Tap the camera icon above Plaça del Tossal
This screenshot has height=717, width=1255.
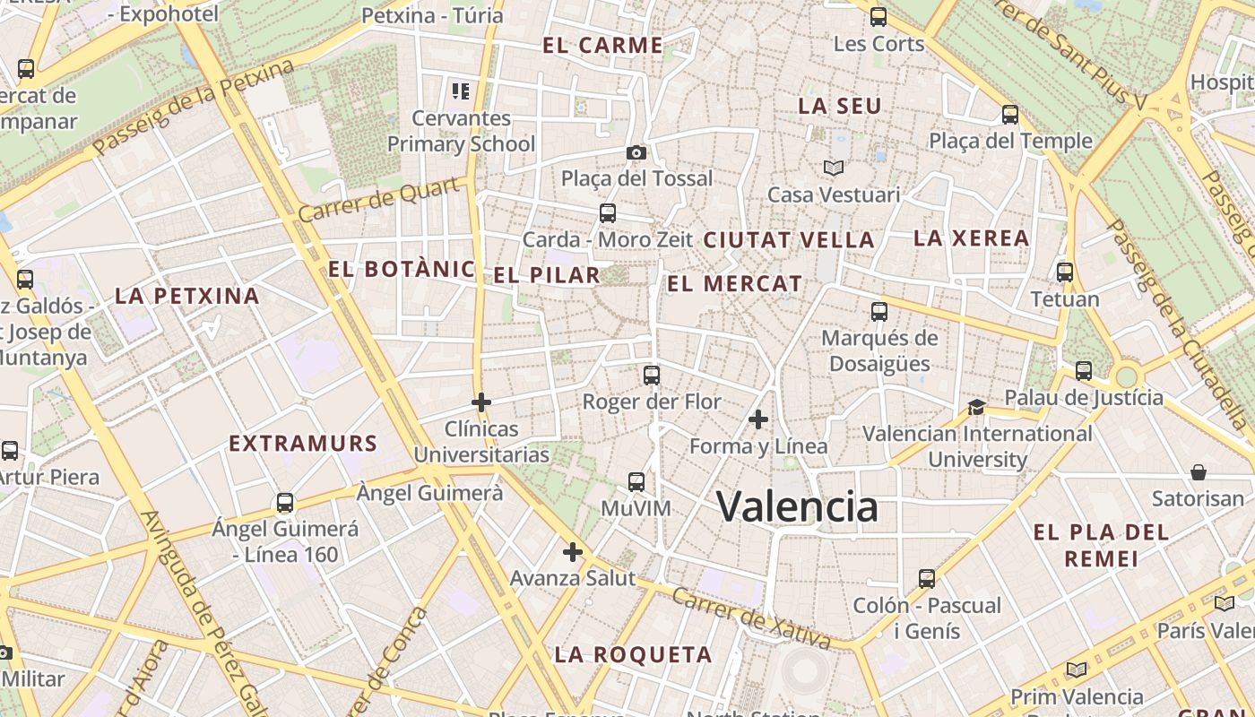click(x=636, y=152)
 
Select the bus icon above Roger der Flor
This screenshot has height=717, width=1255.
click(x=652, y=375)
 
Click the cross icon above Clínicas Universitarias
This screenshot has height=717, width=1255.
click(x=481, y=402)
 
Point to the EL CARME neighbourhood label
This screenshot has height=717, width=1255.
click(x=603, y=46)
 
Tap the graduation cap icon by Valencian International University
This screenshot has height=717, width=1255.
click(x=976, y=408)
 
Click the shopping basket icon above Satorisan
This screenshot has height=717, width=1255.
click(x=1198, y=472)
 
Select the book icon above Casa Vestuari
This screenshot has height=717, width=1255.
click(x=834, y=168)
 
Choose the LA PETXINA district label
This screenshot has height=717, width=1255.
click(x=187, y=296)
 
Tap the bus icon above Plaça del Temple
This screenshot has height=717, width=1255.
click(x=1010, y=115)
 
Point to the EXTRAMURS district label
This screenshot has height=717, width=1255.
click(x=303, y=444)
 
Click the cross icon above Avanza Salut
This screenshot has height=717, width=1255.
click(x=573, y=552)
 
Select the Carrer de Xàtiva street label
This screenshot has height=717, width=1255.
click(x=751, y=618)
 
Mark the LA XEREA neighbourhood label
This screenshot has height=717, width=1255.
click(x=971, y=238)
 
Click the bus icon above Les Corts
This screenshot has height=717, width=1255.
click(x=878, y=16)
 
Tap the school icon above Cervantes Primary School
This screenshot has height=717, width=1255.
click(x=461, y=91)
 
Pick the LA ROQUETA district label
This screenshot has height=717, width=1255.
click(x=633, y=655)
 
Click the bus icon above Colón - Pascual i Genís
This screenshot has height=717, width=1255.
click(x=927, y=579)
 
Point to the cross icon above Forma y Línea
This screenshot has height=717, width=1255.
click(x=758, y=419)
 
